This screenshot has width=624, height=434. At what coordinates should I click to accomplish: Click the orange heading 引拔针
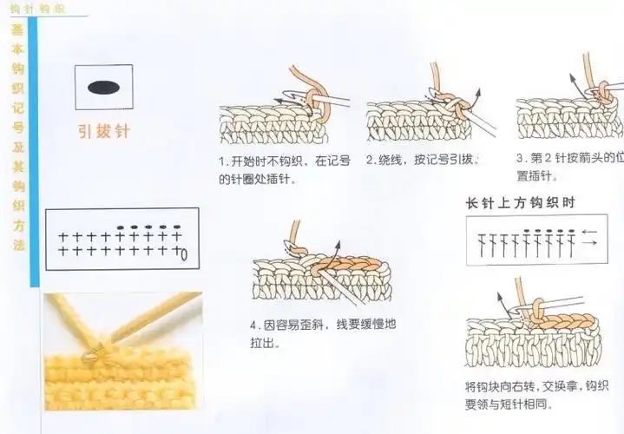(103, 132)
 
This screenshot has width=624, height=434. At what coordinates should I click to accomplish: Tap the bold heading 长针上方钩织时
(521, 203)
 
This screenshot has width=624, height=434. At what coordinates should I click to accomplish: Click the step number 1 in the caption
(222, 161)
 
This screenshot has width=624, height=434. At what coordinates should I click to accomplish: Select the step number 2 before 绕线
(371, 161)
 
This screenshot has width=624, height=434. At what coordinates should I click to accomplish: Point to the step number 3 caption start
(520, 159)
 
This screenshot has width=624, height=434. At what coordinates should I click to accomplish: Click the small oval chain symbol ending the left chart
(184, 254)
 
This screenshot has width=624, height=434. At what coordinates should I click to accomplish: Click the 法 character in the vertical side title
(18, 245)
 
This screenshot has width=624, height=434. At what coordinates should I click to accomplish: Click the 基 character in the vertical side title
(18, 29)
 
